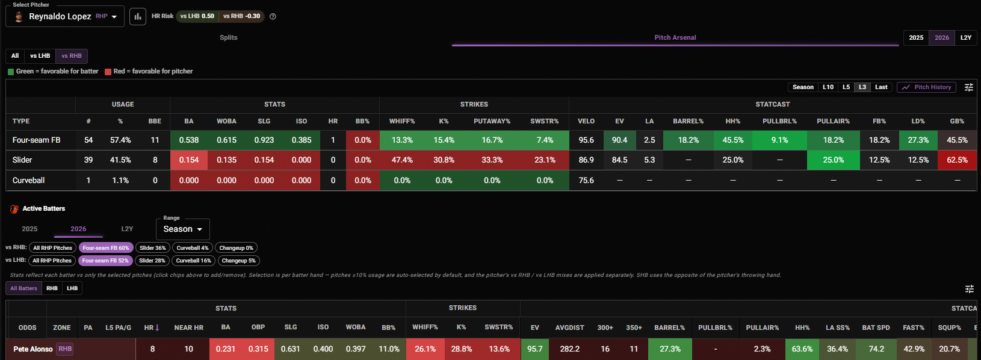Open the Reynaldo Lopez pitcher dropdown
tap(65, 17)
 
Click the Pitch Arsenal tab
tap(675, 38)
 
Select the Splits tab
tap(228, 38)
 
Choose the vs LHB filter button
tap(40, 55)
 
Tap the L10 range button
tap(828, 87)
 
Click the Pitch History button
tap(926, 87)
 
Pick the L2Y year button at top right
tap(966, 38)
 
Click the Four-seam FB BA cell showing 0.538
tap(189, 140)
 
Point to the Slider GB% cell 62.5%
tap(957, 160)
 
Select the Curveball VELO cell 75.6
tap(586, 181)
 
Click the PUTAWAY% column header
tap(492, 122)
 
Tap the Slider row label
tap(22, 160)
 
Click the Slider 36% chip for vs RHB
tap(152, 248)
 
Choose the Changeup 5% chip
tap(238, 261)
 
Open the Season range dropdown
tap(182, 229)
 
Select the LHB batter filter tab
tap(72, 288)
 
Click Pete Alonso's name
tap(33, 349)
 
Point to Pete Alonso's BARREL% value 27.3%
tap(670, 349)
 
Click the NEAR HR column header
tap(189, 327)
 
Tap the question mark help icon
tap(273, 17)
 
